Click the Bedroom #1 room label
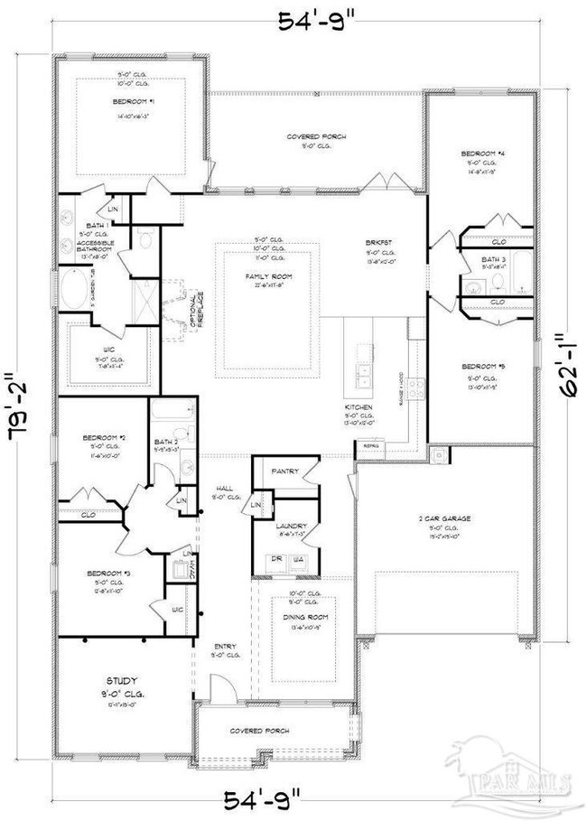coord(131,101)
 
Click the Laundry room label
coord(291,526)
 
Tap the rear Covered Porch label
coord(316,136)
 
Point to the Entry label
coord(224,646)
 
